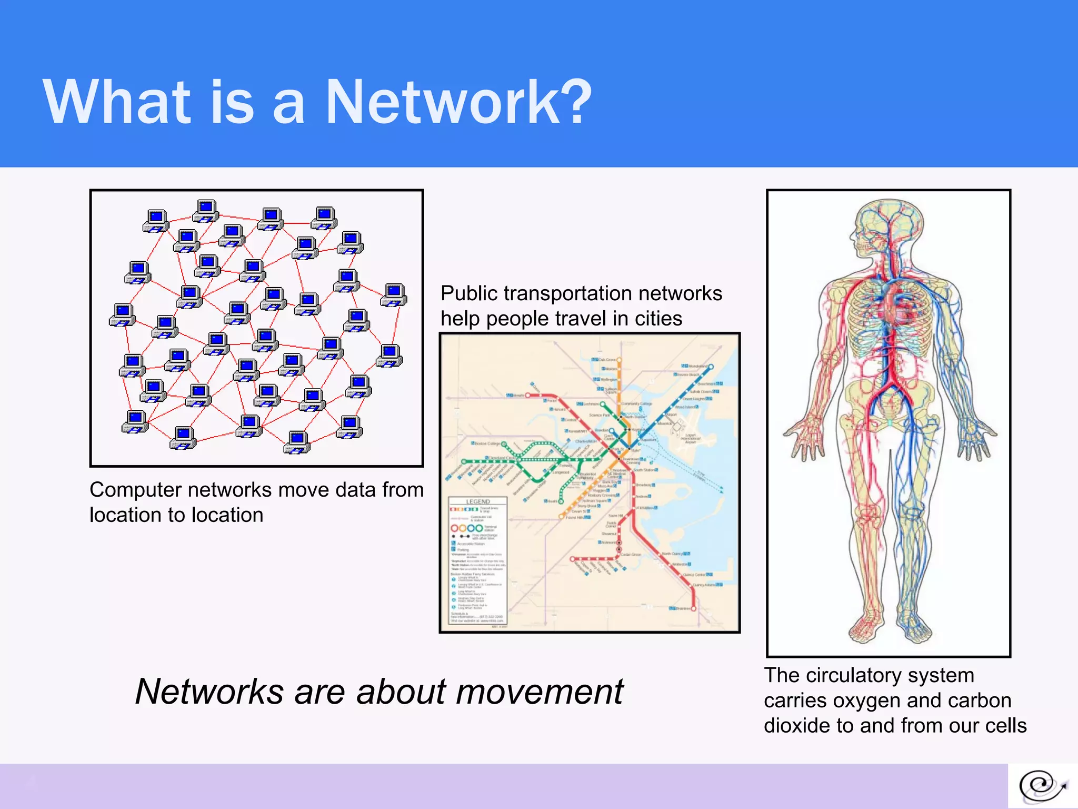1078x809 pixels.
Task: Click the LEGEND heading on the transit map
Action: click(x=478, y=501)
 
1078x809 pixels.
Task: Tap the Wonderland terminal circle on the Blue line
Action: click(x=711, y=366)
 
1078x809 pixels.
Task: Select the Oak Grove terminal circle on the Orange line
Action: click(x=619, y=360)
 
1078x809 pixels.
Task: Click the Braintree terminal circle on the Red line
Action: click(x=694, y=608)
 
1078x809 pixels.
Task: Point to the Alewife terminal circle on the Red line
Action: click(x=527, y=395)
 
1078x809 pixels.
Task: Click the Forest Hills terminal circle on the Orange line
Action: click(x=561, y=517)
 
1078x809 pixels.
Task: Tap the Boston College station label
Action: click(x=487, y=443)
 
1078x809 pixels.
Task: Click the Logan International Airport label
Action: click(x=690, y=439)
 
